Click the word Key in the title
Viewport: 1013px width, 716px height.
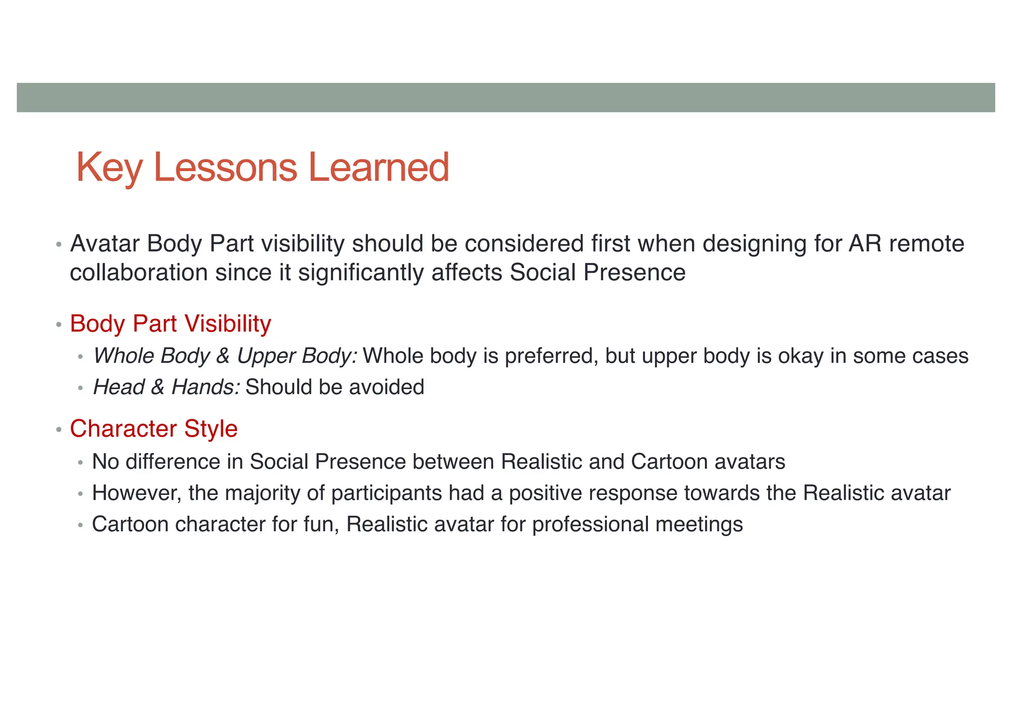[x=109, y=168]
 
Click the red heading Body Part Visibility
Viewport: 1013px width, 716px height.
[x=170, y=324]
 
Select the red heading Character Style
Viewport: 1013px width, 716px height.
[x=153, y=429]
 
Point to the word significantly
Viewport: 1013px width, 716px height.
[x=361, y=273]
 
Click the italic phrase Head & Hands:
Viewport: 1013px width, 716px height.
[x=166, y=387]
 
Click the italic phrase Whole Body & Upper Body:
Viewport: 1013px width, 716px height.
[x=225, y=356]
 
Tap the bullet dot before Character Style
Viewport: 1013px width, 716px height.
[x=58, y=430]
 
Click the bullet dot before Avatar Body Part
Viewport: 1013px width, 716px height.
[x=58, y=245]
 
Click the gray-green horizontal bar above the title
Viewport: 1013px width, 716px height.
[x=506, y=97]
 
